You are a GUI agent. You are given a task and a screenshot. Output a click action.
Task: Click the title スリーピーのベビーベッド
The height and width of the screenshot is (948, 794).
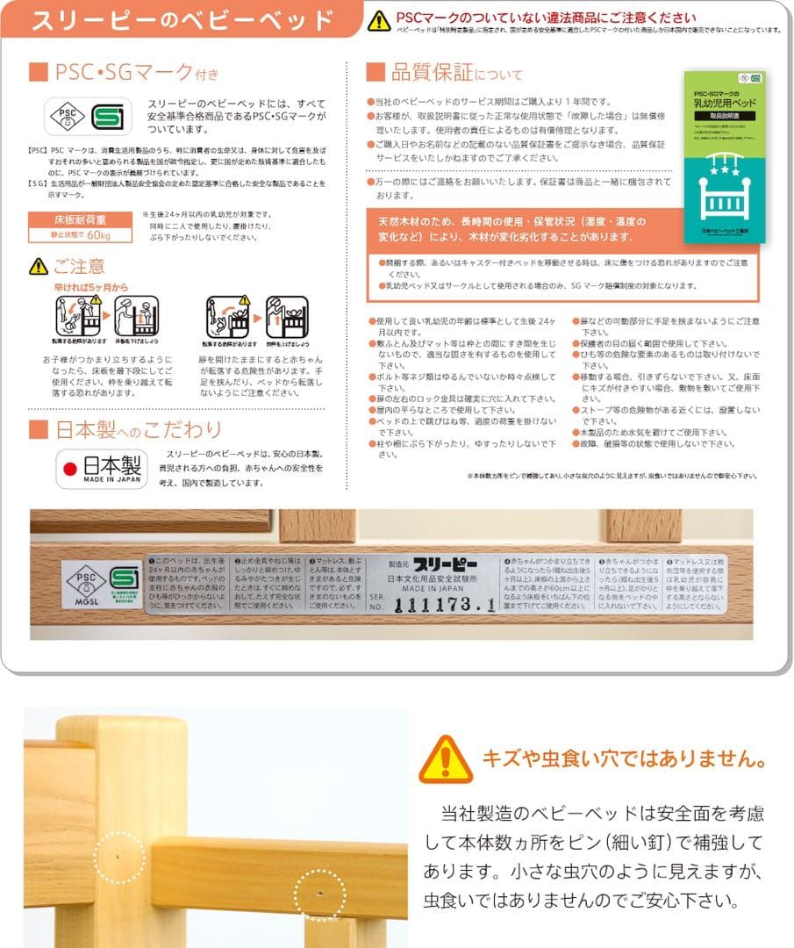182,20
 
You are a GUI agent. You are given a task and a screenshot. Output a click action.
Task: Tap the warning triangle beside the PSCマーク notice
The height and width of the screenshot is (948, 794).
379,21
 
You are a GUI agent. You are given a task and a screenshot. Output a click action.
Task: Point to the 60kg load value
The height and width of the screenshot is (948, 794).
98,235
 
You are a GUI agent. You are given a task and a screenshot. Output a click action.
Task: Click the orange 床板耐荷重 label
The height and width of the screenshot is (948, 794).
80,219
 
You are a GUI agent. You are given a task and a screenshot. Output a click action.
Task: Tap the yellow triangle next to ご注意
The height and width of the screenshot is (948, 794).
39,266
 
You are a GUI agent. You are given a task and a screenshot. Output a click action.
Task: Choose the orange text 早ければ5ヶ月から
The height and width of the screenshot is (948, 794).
90,286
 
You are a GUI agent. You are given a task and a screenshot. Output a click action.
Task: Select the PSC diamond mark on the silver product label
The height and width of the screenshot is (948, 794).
86,579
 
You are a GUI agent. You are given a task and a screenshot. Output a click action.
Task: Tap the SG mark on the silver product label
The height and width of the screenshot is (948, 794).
123,579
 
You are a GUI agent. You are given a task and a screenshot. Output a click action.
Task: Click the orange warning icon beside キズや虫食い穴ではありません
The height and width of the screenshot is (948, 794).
446,758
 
